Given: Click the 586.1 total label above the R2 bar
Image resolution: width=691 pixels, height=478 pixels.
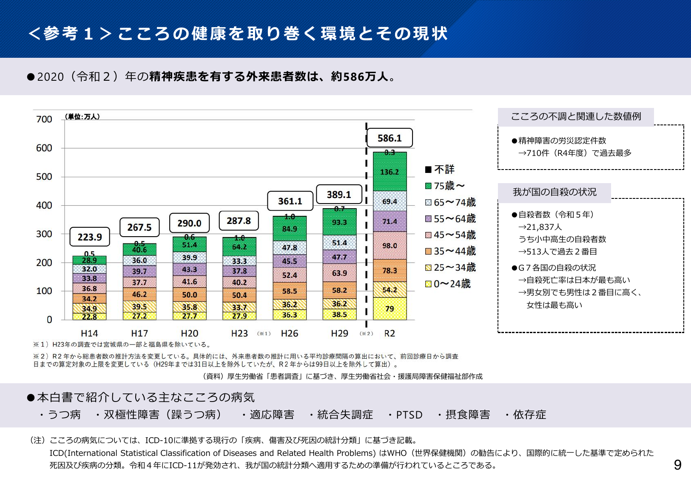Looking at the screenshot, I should (x=390, y=138).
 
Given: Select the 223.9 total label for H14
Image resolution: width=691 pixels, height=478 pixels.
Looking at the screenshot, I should (x=90, y=237).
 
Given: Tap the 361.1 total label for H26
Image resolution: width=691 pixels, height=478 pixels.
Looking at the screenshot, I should (x=290, y=201).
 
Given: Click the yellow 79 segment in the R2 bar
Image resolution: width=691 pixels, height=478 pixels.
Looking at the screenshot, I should (x=390, y=308).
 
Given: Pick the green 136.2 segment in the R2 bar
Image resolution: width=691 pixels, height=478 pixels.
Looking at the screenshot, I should (x=390, y=172).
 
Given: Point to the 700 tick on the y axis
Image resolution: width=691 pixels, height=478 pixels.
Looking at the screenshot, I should (x=44, y=119).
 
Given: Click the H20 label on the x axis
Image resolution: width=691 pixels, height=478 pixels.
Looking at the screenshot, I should (x=189, y=334).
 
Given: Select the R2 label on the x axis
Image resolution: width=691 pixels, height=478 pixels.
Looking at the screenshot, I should (x=390, y=334).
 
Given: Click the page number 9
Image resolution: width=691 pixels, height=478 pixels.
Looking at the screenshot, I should (x=677, y=465).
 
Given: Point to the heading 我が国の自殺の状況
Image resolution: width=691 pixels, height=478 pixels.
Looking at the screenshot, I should (x=555, y=192).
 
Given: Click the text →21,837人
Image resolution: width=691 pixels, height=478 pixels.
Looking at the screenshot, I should (x=540, y=227).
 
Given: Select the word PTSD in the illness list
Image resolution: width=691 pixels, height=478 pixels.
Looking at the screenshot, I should (x=409, y=415).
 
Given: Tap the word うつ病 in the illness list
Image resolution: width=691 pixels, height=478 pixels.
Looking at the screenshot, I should (x=64, y=415).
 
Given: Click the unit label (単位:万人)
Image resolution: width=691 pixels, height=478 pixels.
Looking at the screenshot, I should (x=82, y=116).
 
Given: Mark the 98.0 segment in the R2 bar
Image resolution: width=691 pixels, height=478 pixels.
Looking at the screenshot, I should (x=390, y=246).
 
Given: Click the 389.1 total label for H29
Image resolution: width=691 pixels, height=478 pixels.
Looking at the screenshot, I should (x=339, y=195).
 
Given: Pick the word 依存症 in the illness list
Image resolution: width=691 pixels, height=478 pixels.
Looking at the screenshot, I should (x=529, y=415).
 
